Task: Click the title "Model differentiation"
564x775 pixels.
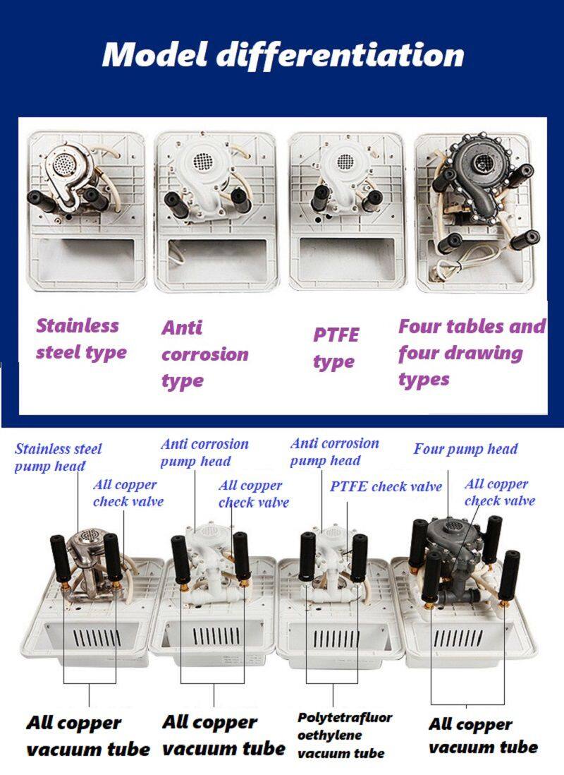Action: (x=283, y=55)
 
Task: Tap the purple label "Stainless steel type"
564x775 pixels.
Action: (x=81, y=340)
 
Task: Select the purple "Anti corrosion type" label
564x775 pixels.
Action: (x=204, y=354)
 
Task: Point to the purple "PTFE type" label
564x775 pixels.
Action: (x=336, y=348)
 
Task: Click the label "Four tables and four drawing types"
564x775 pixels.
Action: (x=472, y=353)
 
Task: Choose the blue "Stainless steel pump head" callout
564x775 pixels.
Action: (x=58, y=457)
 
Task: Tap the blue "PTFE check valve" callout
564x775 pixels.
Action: (x=386, y=486)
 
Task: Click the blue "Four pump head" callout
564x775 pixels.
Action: (x=465, y=449)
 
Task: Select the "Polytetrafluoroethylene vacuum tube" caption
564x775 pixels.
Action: (x=344, y=735)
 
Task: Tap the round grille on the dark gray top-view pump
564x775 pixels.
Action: (x=484, y=161)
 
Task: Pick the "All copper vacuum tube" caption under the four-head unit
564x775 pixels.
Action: (x=483, y=735)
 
